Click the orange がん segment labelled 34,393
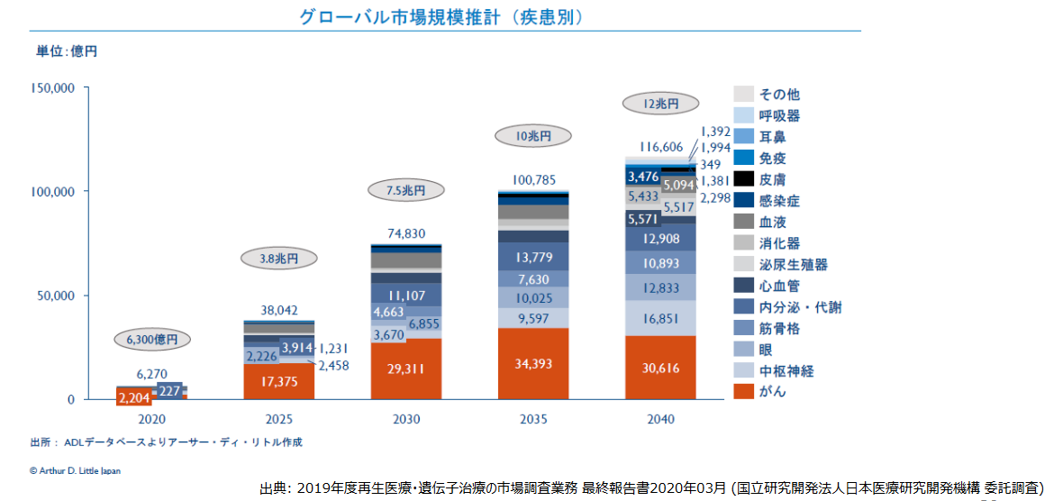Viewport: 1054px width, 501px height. tap(534, 364)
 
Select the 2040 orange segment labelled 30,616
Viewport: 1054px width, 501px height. tap(661, 368)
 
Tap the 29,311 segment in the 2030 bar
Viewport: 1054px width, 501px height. tap(406, 369)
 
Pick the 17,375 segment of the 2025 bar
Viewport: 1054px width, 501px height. tap(278, 382)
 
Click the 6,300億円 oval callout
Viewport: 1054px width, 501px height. tap(150, 340)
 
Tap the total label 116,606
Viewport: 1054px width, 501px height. tap(661, 146)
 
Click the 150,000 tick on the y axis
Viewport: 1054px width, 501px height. tap(53, 87)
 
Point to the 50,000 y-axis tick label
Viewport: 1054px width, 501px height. tap(57, 296)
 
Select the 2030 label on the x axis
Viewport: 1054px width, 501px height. tap(406, 419)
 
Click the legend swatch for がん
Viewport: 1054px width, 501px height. tap(743, 391)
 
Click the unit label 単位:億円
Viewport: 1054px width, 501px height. tap(66, 51)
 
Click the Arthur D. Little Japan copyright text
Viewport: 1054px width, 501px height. tap(75, 470)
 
